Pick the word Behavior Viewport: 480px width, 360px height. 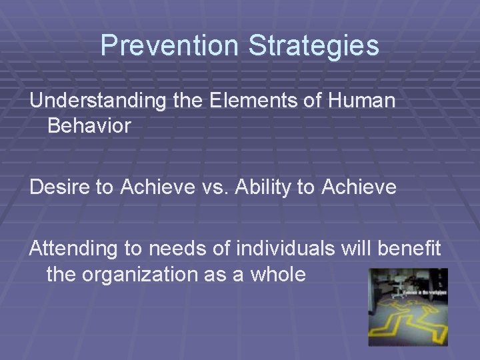tap(89, 125)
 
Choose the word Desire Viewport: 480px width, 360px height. tap(61, 187)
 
